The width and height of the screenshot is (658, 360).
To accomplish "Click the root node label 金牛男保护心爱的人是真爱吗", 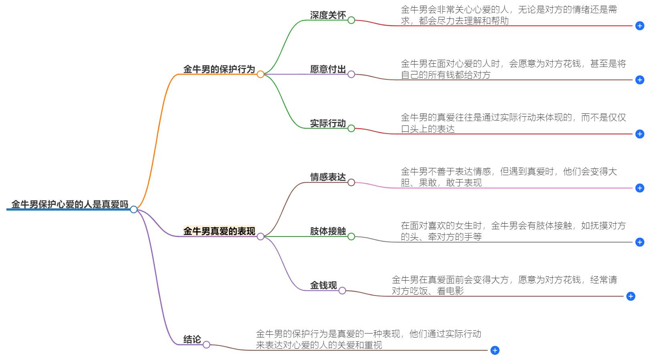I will tap(70, 204).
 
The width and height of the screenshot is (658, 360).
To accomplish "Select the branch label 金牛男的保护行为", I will tap(219, 69).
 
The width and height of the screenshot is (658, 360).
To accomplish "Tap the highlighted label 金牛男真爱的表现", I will tap(219, 231).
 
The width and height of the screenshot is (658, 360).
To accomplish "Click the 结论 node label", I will tap(192, 340).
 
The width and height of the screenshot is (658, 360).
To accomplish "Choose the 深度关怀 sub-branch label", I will tap(328, 15).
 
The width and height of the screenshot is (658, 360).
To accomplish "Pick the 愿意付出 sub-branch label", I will tap(328, 69).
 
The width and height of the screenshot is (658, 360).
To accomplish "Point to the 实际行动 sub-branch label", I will tap(328, 123).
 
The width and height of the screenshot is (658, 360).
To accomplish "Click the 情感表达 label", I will tap(328, 177).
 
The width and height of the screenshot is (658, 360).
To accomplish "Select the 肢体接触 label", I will tap(328, 231).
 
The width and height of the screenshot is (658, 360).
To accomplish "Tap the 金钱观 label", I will tap(323, 285).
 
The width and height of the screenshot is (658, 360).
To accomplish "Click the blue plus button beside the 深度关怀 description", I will tap(640, 26).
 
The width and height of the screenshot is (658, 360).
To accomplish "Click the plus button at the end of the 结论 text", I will tap(495, 350).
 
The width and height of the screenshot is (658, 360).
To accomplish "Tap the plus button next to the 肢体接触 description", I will tap(640, 242).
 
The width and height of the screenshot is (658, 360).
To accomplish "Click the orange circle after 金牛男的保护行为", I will tap(260, 74).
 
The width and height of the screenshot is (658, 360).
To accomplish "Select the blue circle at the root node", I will tap(134, 209).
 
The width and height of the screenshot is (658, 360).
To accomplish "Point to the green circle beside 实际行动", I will tap(351, 128).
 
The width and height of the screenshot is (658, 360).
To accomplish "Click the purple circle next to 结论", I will tap(206, 345).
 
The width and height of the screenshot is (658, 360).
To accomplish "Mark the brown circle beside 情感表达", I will tap(351, 182).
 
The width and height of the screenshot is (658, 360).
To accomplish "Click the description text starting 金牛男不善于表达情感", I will tap(508, 177).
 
